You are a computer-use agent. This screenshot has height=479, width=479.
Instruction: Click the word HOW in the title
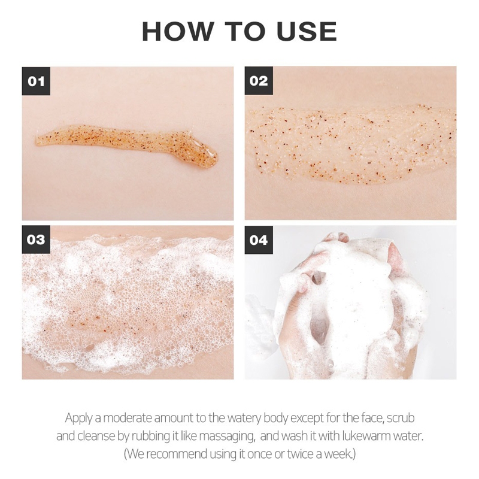[177, 32]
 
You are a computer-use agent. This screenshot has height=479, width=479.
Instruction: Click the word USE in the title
[307, 32]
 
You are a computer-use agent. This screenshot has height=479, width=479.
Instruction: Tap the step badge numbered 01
[36, 81]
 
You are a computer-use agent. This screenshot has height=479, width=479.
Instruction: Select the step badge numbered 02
[259, 81]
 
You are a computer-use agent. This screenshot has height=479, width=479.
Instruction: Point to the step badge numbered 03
[36, 239]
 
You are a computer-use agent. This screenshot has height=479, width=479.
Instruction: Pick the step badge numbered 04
[259, 240]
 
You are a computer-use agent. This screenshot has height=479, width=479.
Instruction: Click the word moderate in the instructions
[128, 417]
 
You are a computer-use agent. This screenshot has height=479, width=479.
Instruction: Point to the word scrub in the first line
[401, 417]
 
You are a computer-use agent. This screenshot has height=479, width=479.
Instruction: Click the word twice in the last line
[301, 454]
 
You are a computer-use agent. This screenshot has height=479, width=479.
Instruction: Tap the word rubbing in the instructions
[151, 436]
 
